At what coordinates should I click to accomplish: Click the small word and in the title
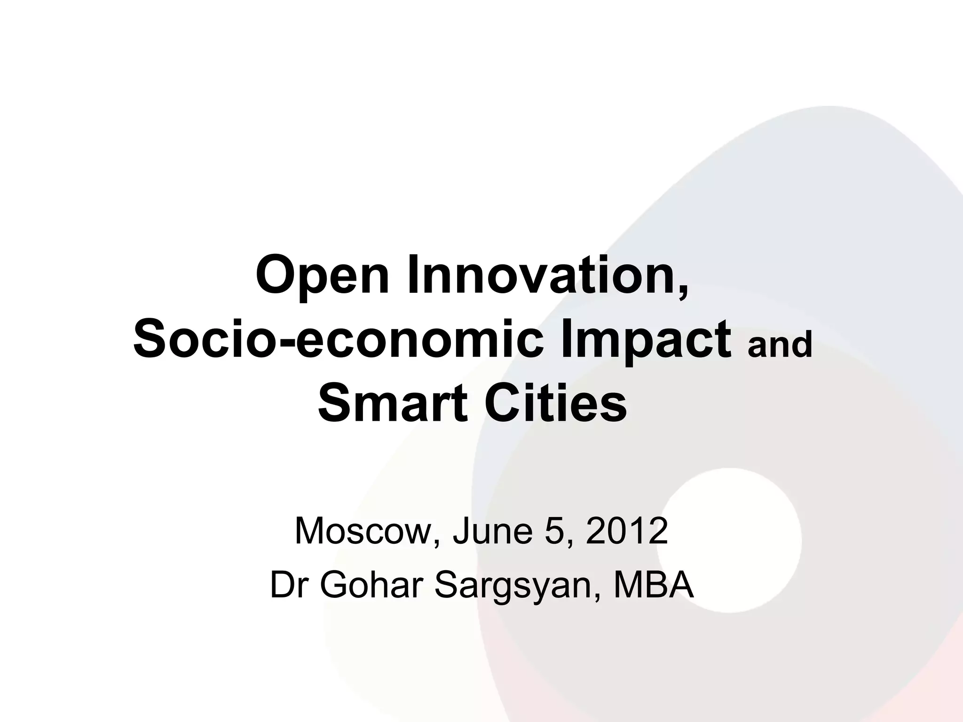pos(780,345)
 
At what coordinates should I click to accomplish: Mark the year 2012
pos(627,531)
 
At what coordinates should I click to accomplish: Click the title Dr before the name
pos(288,585)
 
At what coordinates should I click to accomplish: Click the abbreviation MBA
pos(654,585)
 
